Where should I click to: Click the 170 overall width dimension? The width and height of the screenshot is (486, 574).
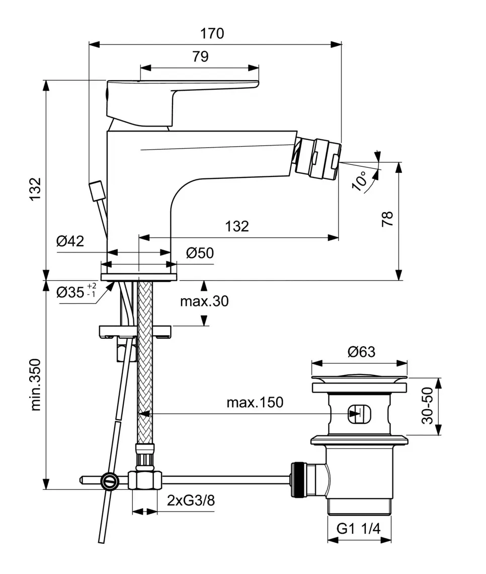coord(212,34)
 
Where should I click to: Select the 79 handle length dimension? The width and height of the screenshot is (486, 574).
coord(200,56)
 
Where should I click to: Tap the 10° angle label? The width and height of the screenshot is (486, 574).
coord(360,180)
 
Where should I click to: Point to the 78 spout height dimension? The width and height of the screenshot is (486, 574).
coord(387,219)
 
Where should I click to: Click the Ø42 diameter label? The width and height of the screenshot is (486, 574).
coord(70,241)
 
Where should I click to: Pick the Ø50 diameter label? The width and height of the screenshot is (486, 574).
coord(200,253)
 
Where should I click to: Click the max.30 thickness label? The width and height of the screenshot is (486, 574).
coord(204,301)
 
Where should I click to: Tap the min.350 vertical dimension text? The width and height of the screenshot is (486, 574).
coord(36,385)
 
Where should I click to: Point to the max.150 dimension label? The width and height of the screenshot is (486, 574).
coord(255,402)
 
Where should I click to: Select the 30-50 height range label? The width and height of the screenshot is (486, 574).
coord(427,406)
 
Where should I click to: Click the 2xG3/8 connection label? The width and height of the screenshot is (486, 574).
coord(191,500)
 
